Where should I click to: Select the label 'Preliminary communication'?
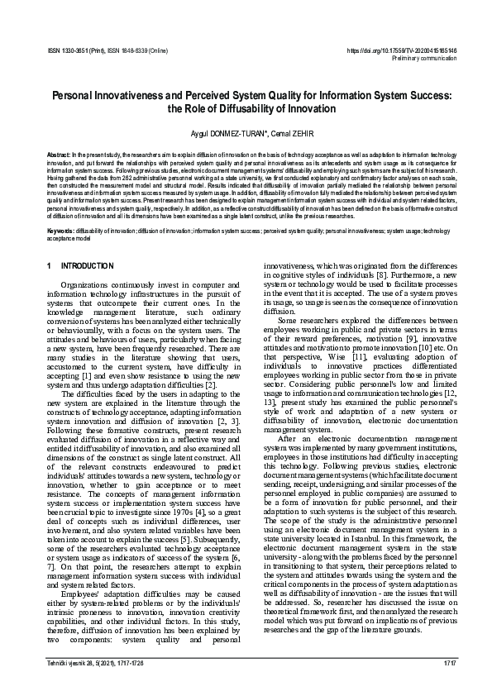pos(422,59)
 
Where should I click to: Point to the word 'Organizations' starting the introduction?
pos(88,285)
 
